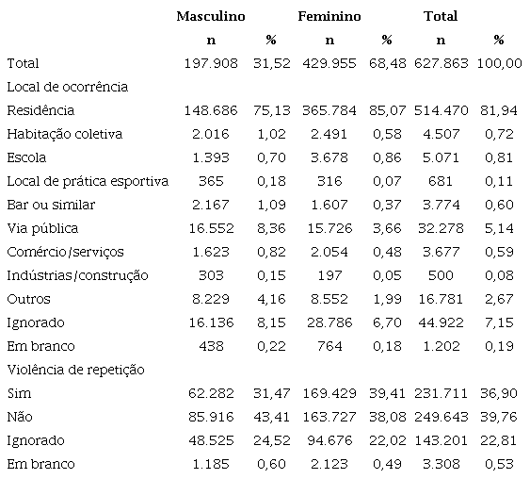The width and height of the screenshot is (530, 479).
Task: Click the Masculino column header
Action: pos(211,16)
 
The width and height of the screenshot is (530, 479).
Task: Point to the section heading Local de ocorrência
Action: pos(67,87)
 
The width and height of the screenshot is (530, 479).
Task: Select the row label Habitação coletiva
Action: pos(64,134)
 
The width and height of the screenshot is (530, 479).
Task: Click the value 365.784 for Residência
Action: pos(329,110)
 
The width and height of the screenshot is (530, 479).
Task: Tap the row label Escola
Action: pos(26,157)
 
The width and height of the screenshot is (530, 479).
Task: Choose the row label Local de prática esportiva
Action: pos(88,181)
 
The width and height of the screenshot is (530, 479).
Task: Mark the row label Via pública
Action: pos(42,228)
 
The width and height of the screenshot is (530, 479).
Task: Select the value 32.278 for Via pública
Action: pos(442,228)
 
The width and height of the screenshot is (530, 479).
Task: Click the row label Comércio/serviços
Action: pos(65,252)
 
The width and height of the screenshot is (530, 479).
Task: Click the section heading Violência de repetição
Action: pos(75,370)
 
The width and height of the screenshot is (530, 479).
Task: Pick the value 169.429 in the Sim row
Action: pos(329,393)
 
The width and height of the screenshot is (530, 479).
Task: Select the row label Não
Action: pos(19,417)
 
